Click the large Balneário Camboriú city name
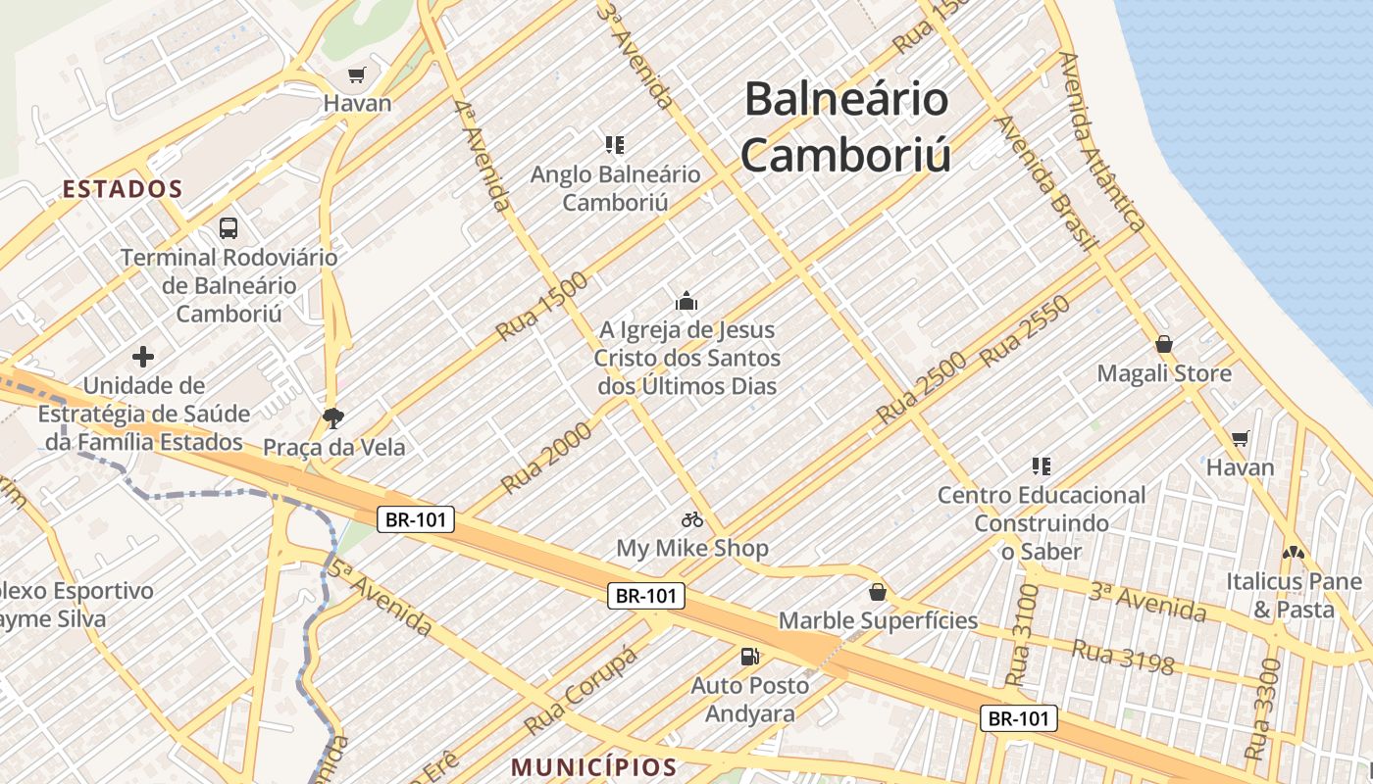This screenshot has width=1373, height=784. pos(845,126)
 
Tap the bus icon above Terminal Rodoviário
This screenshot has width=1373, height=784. pos(229,228)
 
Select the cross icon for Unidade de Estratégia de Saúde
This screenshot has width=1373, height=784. pos(144,357)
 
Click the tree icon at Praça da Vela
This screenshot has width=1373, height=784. pos(333,418)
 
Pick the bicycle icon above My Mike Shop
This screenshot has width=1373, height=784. pos(692,519)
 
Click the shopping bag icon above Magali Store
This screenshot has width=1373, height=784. pos(1164,344)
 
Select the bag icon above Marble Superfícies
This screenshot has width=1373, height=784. pos(878,592)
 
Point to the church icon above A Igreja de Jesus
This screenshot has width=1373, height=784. pos(686,301)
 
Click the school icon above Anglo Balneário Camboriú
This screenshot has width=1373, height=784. pos(615,146)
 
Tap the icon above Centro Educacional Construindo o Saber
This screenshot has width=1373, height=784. pos(1041,465)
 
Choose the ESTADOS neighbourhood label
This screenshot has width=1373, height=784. pos(123,189)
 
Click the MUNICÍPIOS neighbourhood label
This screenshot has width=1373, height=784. pos(595,766)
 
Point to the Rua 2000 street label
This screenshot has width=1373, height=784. pos(546,458)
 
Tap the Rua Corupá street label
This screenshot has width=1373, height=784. pos(581,691)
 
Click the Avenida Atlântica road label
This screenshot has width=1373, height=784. pos(1103,142)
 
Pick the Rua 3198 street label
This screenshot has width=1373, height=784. pos(1122,657)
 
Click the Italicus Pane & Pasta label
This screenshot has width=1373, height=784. pos(1294,595)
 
